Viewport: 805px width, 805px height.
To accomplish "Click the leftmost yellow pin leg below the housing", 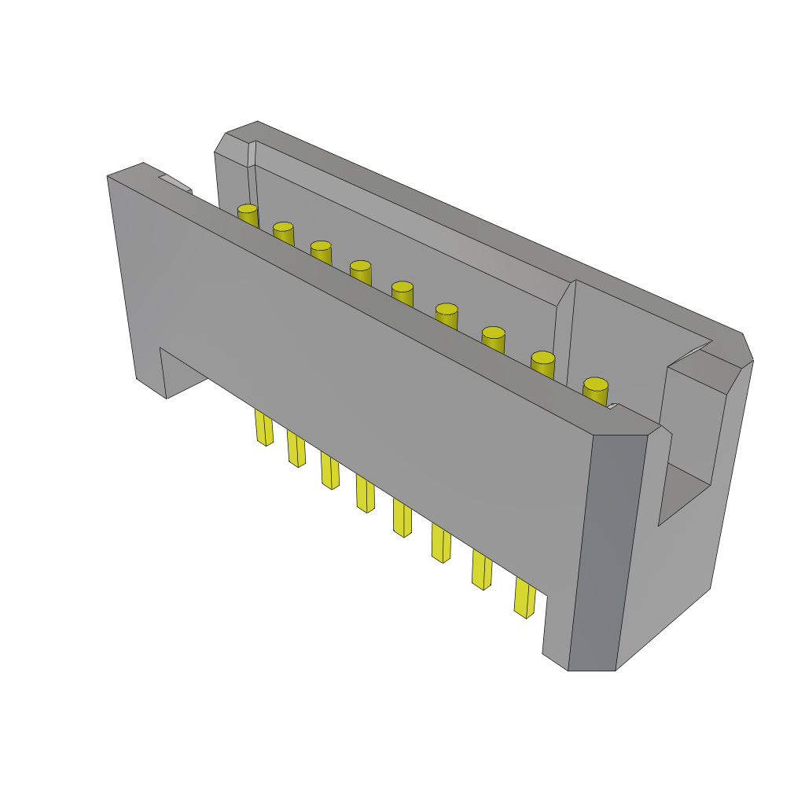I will pos(264,428).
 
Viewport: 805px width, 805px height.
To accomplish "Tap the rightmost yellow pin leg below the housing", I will pos(525,598).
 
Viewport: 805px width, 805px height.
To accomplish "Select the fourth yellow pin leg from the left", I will pos(365,494).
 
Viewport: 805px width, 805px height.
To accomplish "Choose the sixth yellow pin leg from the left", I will pos(441,543).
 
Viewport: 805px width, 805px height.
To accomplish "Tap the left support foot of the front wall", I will pos(149,369).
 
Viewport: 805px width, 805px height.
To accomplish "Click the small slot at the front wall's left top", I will pos(175,182).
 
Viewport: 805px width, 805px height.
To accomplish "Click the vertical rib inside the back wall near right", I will pos(564,330).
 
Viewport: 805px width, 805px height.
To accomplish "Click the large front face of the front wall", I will pos(354,393).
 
